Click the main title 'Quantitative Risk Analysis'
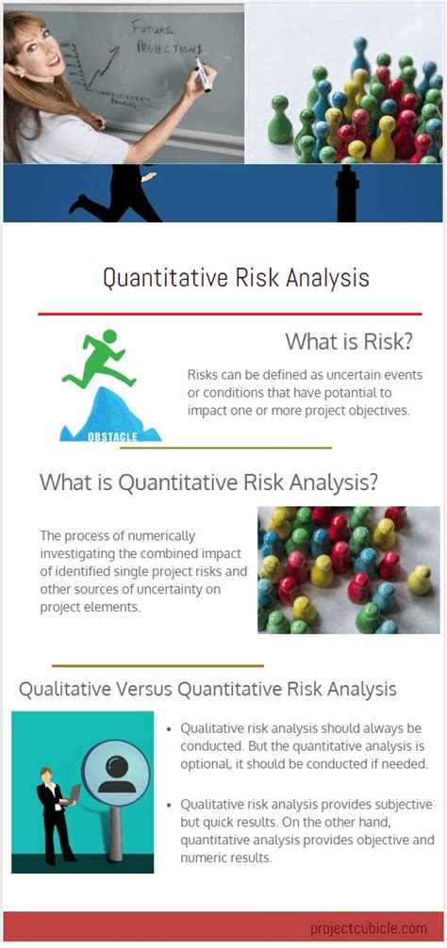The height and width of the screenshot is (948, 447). (236, 278)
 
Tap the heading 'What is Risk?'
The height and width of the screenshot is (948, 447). (349, 341)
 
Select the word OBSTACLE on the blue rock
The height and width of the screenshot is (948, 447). (111, 435)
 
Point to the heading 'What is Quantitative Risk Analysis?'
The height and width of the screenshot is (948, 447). (208, 482)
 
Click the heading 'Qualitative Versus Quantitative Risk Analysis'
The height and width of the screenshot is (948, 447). (207, 689)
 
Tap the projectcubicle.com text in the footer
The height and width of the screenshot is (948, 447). (369, 928)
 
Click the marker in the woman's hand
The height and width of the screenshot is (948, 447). (201, 74)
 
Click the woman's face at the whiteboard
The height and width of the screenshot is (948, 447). (35, 41)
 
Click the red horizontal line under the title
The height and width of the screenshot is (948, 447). (229, 314)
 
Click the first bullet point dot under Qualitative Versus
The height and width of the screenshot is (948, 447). (169, 729)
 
